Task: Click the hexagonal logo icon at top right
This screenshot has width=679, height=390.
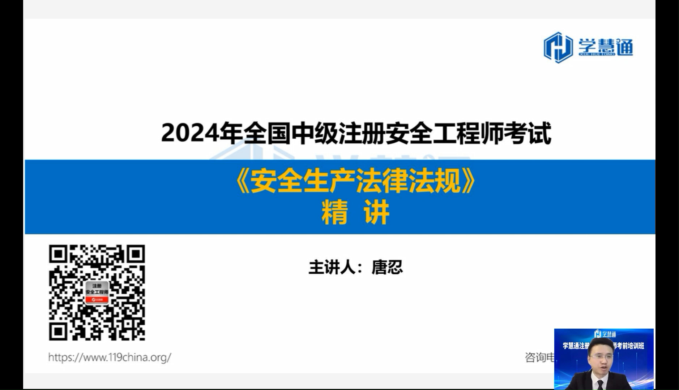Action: (x=558, y=47)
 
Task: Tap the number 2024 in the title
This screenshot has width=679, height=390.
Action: (x=190, y=133)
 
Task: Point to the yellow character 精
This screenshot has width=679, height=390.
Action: (x=334, y=213)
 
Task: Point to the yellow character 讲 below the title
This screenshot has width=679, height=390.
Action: (x=377, y=213)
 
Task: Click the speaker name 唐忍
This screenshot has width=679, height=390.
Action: (x=387, y=268)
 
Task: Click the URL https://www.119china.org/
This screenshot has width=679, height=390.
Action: (x=110, y=357)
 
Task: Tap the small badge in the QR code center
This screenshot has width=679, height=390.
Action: (x=97, y=292)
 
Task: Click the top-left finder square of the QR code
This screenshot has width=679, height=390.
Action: (x=58, y=254)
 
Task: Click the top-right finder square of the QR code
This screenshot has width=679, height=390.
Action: (x=136, y=254)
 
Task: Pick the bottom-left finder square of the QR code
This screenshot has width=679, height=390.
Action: (x=58, y=331)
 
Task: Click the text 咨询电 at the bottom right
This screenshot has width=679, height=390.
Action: (x=539, y=357)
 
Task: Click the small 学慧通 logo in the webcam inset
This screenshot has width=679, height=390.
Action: (x=605, y=334)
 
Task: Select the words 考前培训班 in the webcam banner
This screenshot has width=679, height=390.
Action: (x=631, y=346)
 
